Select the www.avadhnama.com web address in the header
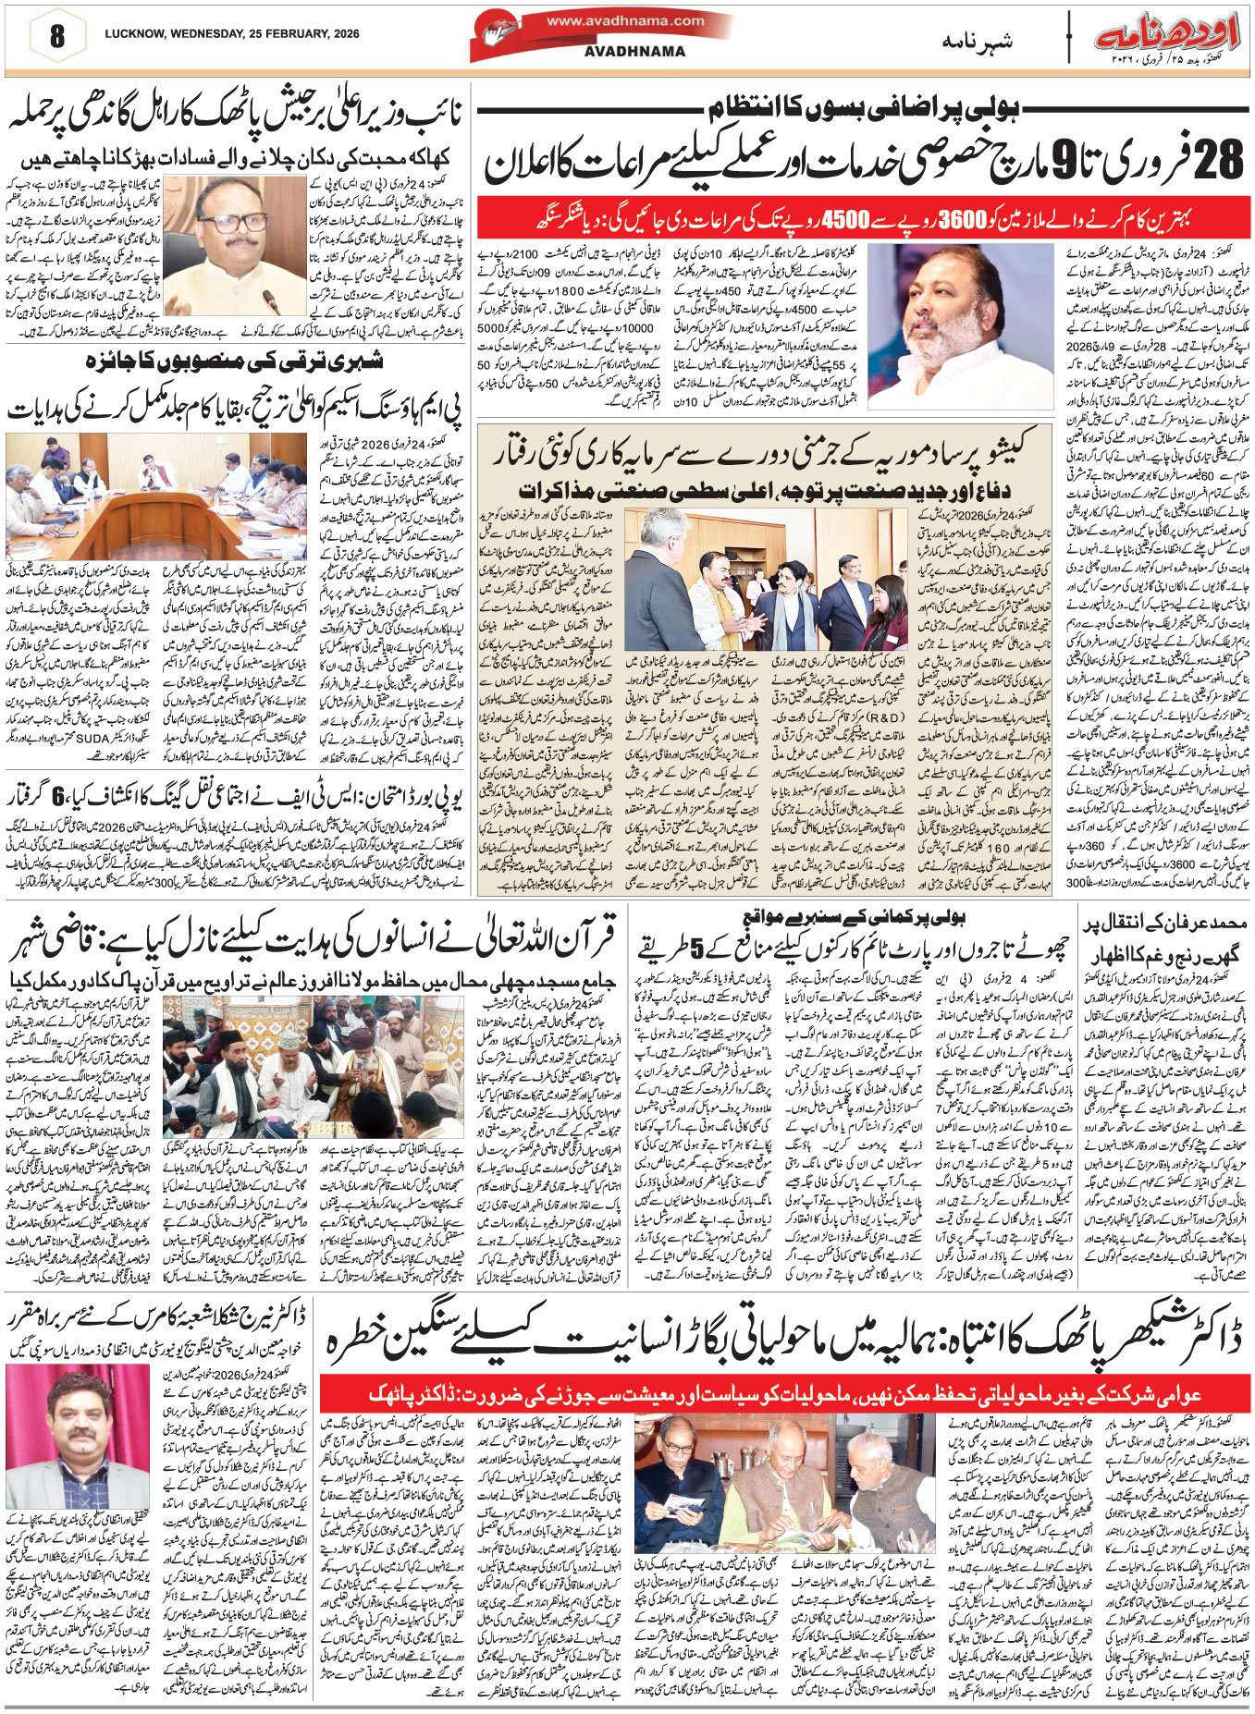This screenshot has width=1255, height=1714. pos(634,21)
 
